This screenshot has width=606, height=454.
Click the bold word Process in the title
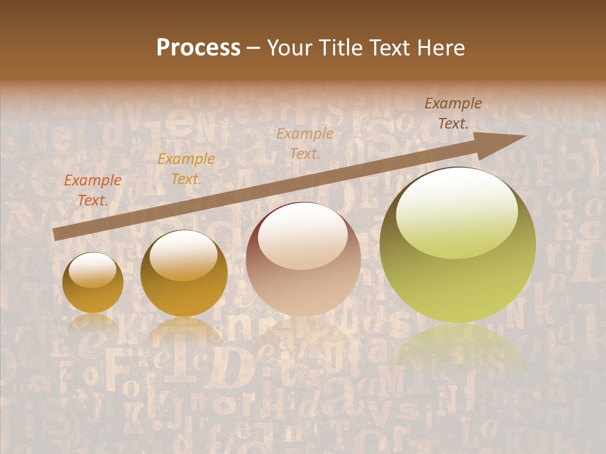pos(198,48)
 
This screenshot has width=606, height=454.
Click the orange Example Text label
pos(93,190)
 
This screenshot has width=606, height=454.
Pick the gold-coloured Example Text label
pos(186,169)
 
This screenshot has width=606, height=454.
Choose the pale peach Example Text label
pos(305,143)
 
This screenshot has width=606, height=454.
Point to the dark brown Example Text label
pos(453,113)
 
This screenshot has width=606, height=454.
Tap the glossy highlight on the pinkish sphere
pos(303,236)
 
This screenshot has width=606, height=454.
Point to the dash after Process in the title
pos(254,48)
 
